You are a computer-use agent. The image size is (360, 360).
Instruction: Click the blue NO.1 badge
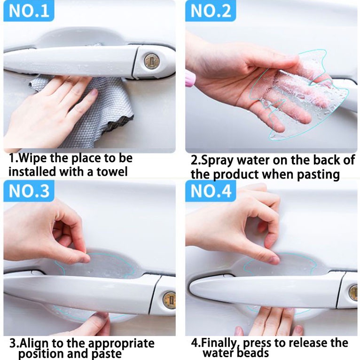(x=29, y=10)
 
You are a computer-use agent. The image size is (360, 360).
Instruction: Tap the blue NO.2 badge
(x=211, y=10)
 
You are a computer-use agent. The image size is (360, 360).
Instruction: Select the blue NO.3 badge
(x=29, y=191)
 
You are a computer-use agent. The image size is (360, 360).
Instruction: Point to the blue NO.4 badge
(x=211, y=191)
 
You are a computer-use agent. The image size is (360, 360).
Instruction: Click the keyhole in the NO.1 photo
(x=151, y=61)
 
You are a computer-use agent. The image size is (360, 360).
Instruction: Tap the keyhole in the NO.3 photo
(x=170, y=299)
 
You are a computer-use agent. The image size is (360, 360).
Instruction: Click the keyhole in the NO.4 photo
(x=353, y=292)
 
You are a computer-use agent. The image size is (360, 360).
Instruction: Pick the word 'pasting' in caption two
(x=318, y=175)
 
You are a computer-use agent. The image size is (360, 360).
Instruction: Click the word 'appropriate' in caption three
(x=121, y=344)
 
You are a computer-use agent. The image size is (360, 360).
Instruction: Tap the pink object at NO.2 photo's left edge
(x=189, y=78)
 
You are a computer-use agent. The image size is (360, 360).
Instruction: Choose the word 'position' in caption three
(x=41, y=354)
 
